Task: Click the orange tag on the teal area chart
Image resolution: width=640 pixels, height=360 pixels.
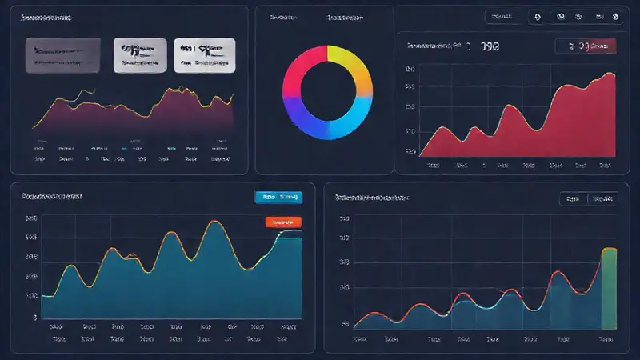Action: point(282,222)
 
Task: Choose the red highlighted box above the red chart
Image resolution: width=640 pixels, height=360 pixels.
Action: point(587,47)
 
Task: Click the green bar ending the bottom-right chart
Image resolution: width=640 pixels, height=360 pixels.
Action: point(610,289)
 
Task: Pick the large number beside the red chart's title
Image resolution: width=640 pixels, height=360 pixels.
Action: point(491,47)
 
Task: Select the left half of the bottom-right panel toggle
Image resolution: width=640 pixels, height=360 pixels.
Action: point(573,198)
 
